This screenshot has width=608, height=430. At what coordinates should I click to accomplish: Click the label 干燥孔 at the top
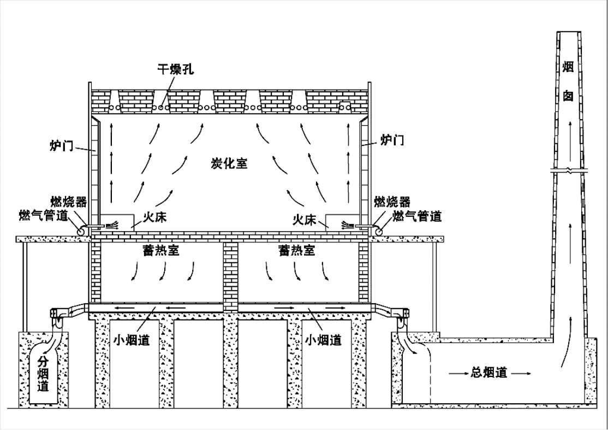pyautogui.click(x=176, y=69)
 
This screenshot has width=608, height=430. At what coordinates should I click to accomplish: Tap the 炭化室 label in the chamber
pyautogui.click(x=229, y=163)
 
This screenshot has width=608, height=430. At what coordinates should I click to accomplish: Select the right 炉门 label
pyautogui.click(x=392, y=141)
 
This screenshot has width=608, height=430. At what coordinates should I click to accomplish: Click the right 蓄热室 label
pyautogui.click(x=296, y=251)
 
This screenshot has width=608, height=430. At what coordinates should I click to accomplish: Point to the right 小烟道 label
pyautogui.click(x=323, y=340)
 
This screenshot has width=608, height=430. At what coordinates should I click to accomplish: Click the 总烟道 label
pyautogui.click(x=488, y=374)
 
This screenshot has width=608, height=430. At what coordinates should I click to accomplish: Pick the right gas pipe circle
pyautogui.click(x=378, y=231)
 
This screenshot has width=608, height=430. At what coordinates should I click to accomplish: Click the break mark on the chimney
pyautogui.click(x=568, y=171)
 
